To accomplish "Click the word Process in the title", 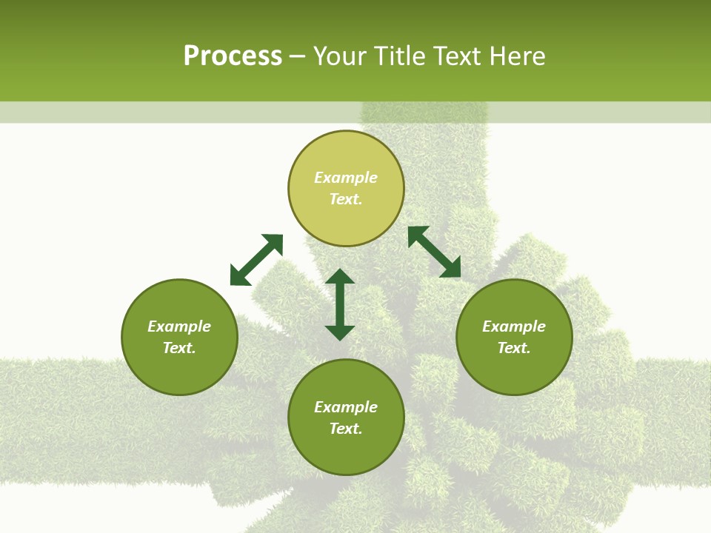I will coord(233,56).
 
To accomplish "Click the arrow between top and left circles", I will coord(256,260).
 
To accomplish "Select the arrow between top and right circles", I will coord(434,252).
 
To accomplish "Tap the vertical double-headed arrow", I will coord(340,304).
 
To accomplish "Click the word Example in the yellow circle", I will coord(346,178).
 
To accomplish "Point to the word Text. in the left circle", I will coord(179,348).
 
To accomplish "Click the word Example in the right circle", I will coord(514,326).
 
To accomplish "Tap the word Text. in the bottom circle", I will coord(346,429).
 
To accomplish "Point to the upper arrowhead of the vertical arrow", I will coord(340,277).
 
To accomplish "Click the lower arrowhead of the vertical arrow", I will coord(340,332).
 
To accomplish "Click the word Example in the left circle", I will coord(179,326).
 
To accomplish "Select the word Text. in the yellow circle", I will coord(346,199).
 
